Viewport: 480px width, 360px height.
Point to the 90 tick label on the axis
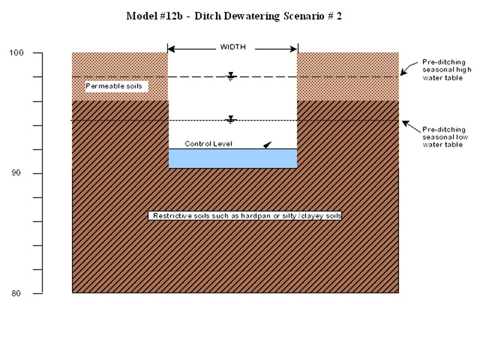[17, 173]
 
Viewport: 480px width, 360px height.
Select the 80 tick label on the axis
[17, 293]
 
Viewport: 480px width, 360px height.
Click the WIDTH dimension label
[233, 47]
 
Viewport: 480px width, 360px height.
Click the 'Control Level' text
[208, 144]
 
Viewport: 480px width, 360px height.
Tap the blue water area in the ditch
[233, 158]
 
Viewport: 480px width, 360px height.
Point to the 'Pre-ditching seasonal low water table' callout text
[445, 137]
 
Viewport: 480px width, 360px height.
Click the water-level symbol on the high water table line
[231, 77]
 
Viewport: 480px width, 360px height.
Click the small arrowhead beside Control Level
[267, 145]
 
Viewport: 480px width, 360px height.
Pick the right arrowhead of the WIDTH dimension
[294, 48]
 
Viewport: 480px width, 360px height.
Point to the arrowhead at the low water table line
[405, 123]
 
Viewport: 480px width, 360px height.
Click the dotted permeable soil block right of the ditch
[348, 76]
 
